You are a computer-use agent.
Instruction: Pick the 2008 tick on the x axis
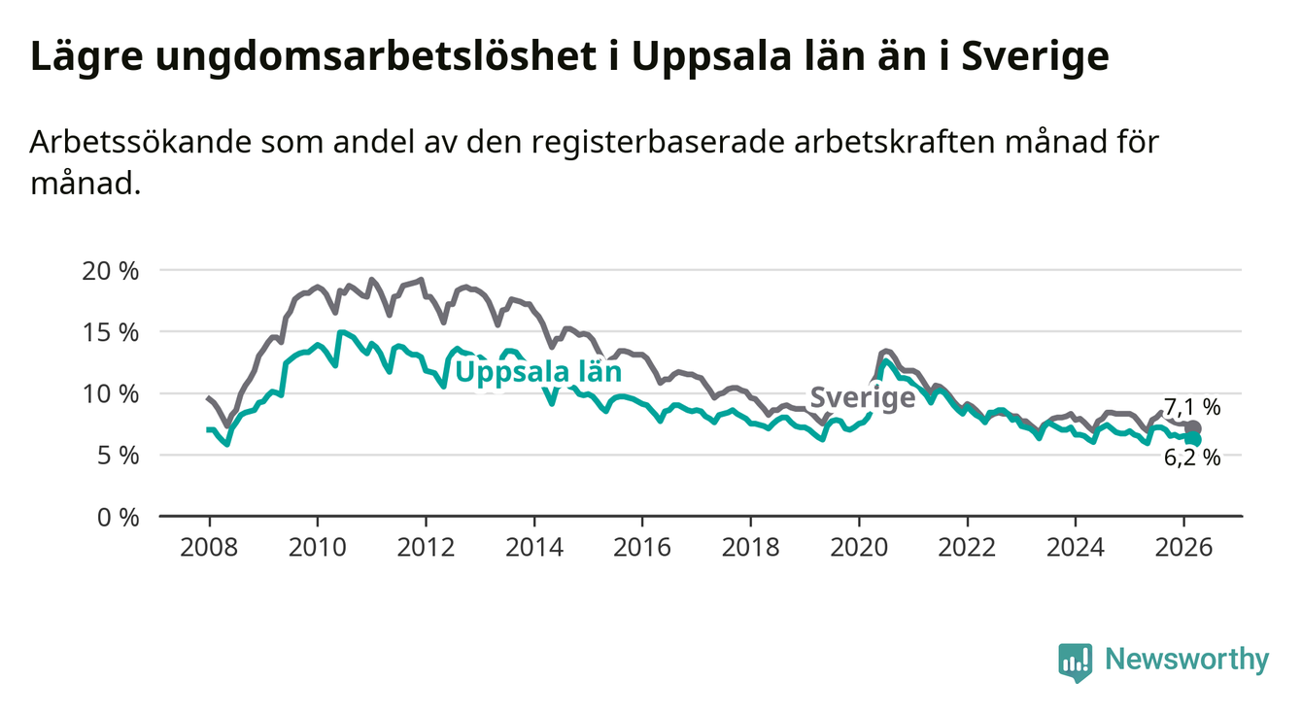[x=209, y=547]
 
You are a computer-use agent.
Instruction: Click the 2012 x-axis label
[x=426, y=547]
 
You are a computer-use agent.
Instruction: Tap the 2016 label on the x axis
[x=642, y=547]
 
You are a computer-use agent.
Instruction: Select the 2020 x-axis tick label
[x=859, y=547]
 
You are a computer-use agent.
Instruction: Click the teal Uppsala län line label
[x=537, y=372]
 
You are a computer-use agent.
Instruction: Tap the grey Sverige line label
[x=862, y=397]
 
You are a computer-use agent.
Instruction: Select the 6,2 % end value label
[x=1192, y=458]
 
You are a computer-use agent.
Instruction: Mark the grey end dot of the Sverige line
[x=1193, y=428]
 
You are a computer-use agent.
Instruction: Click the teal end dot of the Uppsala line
[x=1193, y=440]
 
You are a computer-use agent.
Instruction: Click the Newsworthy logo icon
[x=1075, y=662]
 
